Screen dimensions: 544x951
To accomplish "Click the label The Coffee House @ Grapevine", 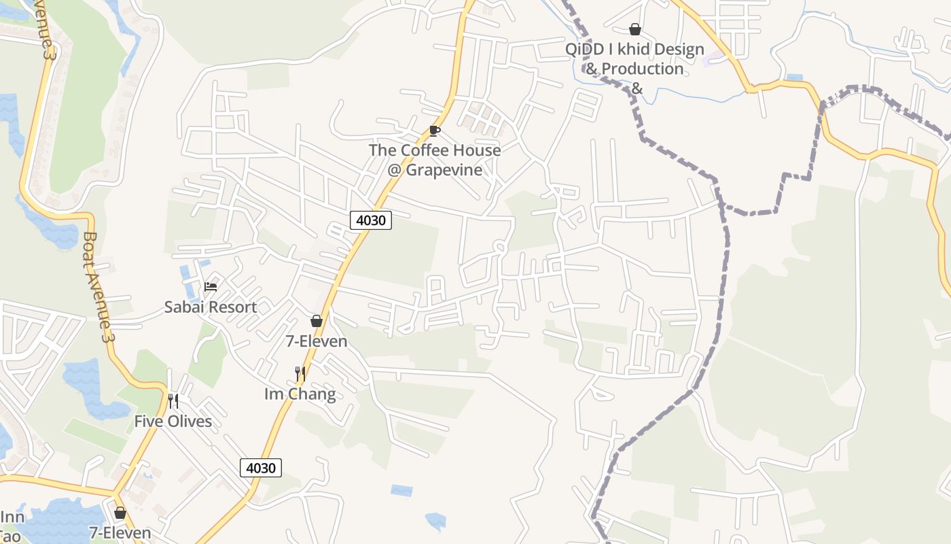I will (x=435, y=160).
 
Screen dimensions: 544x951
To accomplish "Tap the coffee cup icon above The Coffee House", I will (x=435, y=131).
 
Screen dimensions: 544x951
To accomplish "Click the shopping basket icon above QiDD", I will (x=635, y=29).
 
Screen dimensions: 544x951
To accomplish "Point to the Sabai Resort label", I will (x=211, y=307).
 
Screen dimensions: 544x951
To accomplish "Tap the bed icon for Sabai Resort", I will (x=211, y=287).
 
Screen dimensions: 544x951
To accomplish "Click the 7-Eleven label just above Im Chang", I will (x=317, y=341).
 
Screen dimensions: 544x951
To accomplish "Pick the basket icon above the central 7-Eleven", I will (x=317, y=321).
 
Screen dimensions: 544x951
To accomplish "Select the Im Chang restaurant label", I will (x=300, y=394).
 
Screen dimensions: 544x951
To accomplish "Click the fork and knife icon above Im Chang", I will (x=300, y=373).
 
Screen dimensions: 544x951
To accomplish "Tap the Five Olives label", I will (x=173, y=422).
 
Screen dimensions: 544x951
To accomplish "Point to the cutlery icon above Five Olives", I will (x=173, y=401).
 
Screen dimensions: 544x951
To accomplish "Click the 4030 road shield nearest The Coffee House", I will (x=371, y=220).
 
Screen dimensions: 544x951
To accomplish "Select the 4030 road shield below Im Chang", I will (x=261, y=468).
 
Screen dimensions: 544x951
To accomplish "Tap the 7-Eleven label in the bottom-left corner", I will (x=120, y=533).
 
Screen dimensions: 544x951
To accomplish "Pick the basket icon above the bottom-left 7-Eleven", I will (x=120, y=513).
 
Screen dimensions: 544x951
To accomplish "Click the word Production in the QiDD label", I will (x=642, y=69).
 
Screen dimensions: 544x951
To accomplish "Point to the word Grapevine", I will (x=444, y=170).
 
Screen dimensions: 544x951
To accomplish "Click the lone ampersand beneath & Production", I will (x=636, y=88).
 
